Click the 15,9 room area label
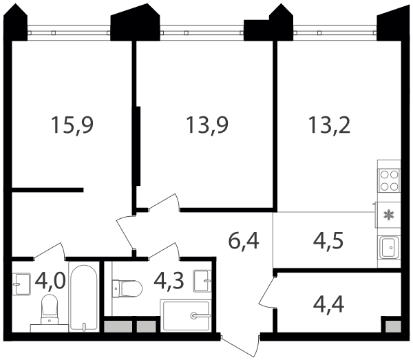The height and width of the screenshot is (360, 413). (72, 125)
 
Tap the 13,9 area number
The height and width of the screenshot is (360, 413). (207, 125)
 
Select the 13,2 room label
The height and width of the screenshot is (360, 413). (330, 125)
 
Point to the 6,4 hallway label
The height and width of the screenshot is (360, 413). (244, 241)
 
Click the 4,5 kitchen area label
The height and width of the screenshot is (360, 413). (328, 241)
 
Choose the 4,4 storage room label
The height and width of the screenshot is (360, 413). (328, 304)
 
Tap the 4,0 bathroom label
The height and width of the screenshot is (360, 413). (50, 281)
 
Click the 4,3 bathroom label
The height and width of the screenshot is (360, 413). (169, 281)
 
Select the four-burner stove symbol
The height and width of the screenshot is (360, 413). (389, 180)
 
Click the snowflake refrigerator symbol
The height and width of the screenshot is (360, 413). (389, 215)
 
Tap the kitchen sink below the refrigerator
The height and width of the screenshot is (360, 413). (389, 247)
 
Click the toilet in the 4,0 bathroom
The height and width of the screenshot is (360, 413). (50, 310)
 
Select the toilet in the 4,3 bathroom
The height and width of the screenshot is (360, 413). (127, 288)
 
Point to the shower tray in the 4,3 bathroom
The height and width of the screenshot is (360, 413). (187, 315)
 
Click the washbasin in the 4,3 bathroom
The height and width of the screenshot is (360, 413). (202, 281)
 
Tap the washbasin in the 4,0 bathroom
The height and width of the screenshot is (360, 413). (21, 284)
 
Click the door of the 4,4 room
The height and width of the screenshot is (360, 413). (267, 292)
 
